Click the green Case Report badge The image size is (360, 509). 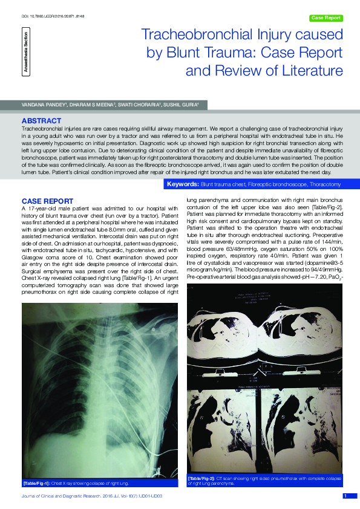[x=326, y=18]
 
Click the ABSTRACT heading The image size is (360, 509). [x=41, y=121]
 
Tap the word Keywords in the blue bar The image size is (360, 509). [x=182, y=184]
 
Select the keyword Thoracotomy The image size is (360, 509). [x=321, y=184]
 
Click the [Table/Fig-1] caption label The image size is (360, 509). [x=36, y=484]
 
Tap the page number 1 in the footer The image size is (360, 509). [x=345, y=496]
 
